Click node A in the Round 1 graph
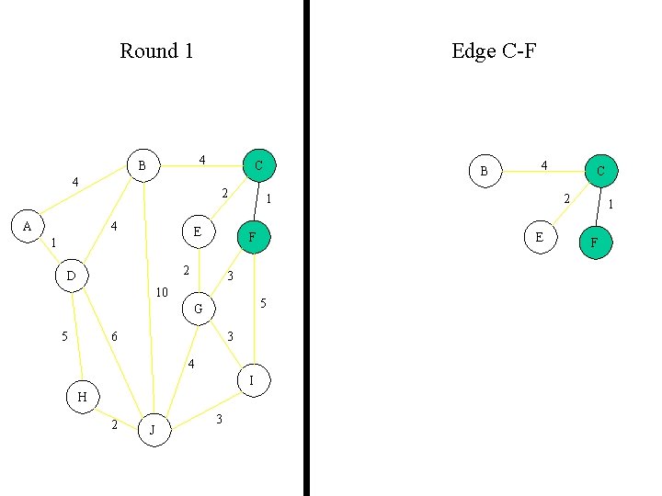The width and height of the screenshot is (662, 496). point(27,226)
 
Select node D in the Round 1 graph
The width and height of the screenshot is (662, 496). point(71,275)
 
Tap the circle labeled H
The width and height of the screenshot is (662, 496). point(82,397)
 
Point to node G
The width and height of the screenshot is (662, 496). point(198,309)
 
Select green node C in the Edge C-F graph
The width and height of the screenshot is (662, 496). point(600,170)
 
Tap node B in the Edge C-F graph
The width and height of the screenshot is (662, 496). point(484,171)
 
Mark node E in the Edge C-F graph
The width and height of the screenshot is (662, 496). point(539,237)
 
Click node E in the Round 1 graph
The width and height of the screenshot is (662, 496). point(198,231)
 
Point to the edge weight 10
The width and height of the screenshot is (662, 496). point(162,293)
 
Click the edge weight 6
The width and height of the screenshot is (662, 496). point(114,337)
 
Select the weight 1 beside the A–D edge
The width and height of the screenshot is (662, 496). point(53,243)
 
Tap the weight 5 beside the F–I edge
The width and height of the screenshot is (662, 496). point(264,303)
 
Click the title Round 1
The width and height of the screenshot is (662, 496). point(156,51)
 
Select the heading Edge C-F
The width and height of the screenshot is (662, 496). point(494,51)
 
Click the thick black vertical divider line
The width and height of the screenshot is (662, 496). point(306,248)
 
